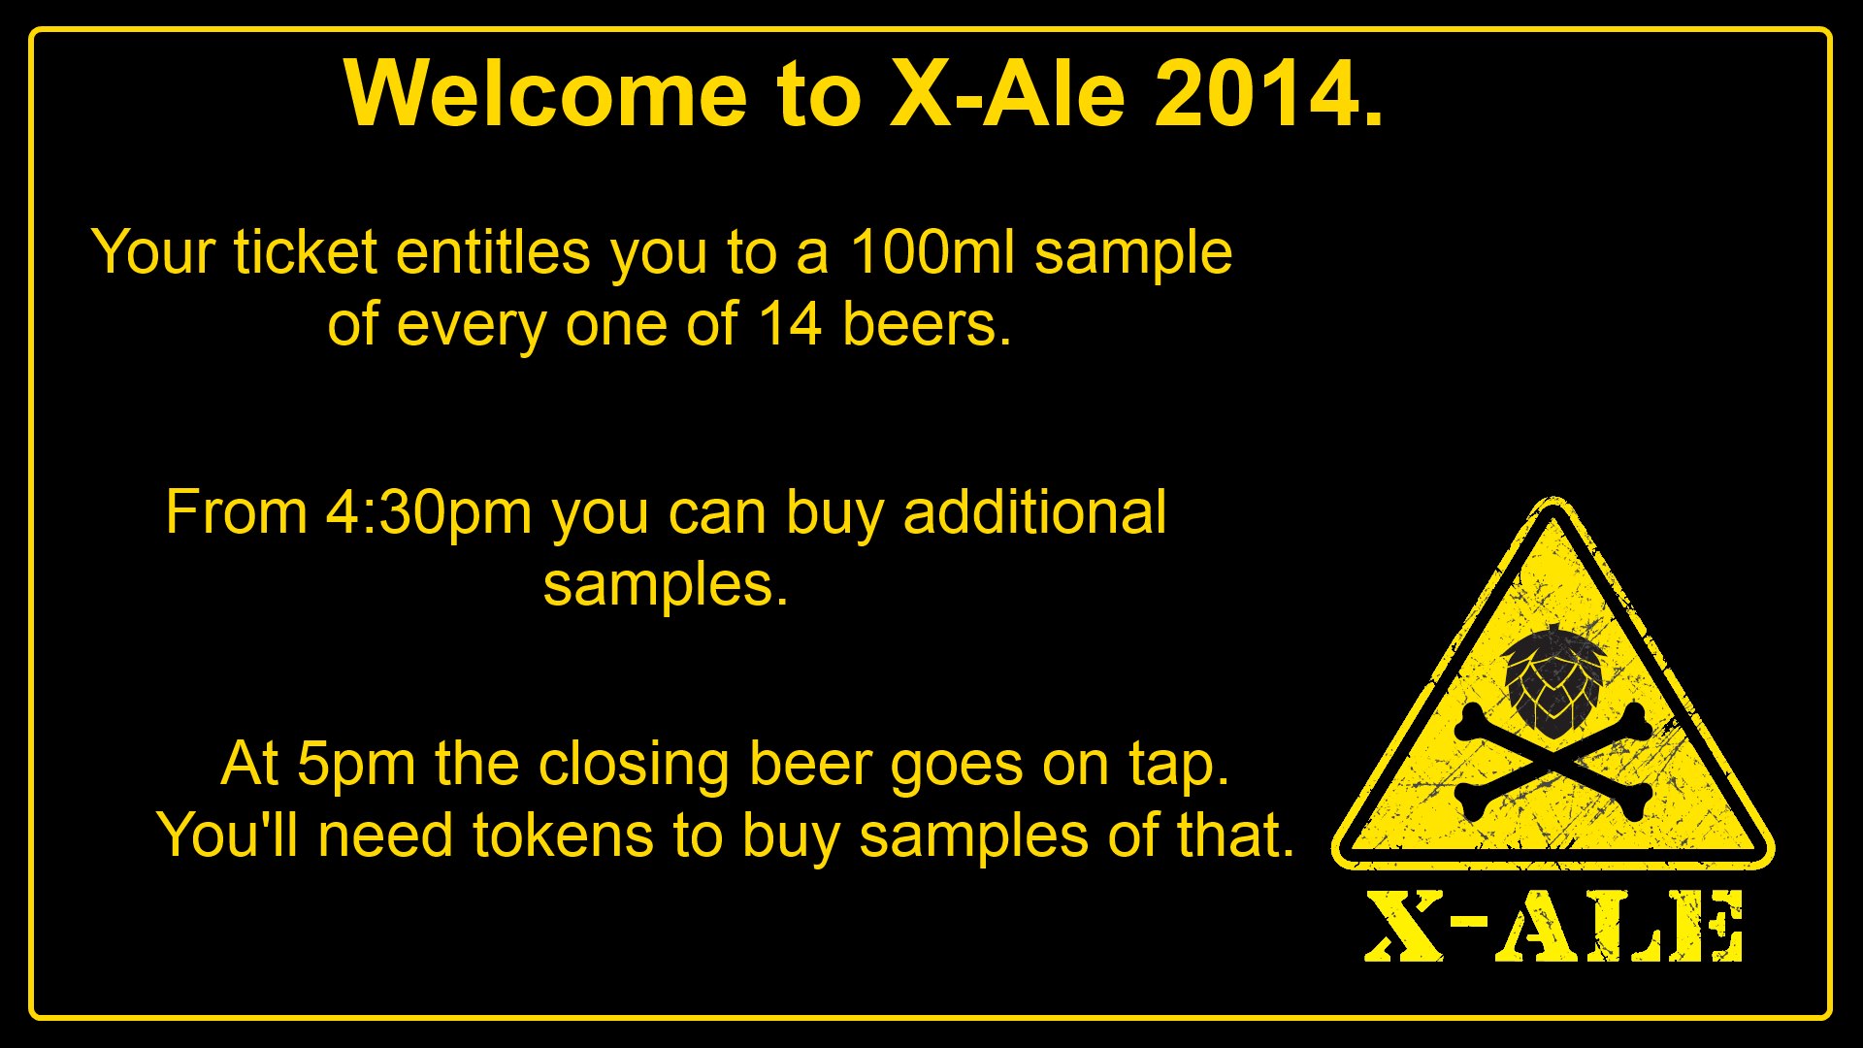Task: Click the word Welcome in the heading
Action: [545, 93]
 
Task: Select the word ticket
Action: [305, 252]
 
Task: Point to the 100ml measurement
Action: [932, 252]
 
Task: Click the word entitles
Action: [493, 252]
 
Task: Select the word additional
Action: [1034, 512]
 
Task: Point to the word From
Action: [237, 512]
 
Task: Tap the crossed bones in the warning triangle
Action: [1553, 762]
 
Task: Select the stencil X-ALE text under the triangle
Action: [1553, 927]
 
